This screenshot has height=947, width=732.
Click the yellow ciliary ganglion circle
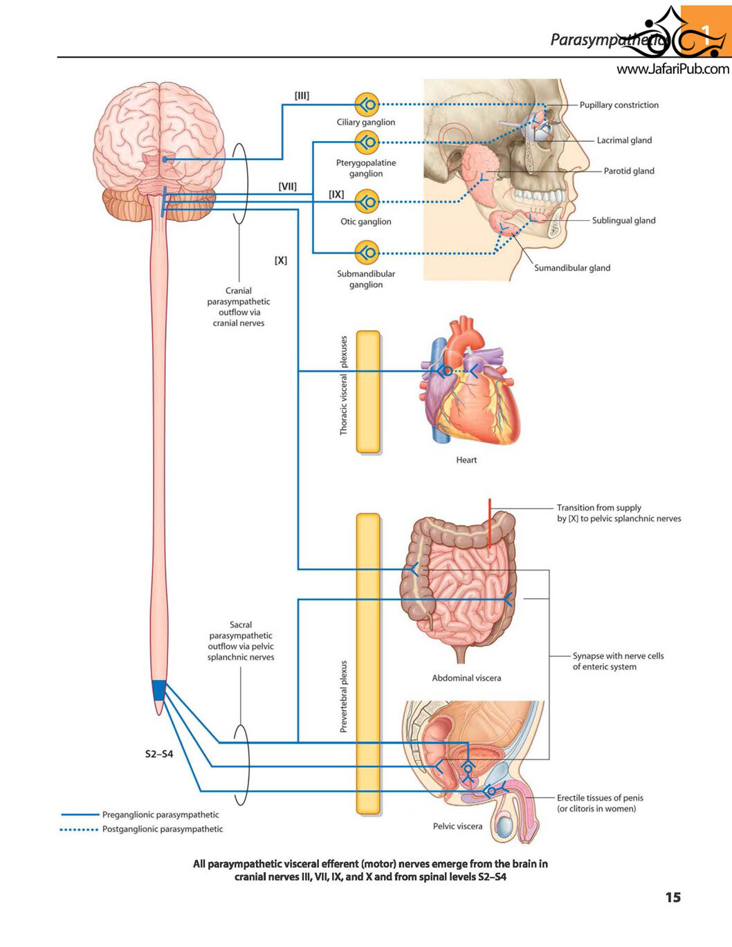[367, 104]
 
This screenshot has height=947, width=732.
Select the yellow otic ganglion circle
[367, 202]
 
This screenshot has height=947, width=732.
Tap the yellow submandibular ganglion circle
[367, 252]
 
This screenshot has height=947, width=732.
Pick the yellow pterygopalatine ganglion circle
[367, 142]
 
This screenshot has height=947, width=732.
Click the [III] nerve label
[302, 95]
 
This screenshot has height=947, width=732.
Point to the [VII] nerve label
[288, 187]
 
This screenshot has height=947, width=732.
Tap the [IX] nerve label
[336, 194]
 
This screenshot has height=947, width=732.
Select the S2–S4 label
[159, 754]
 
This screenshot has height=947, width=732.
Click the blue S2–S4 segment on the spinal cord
[159, 690]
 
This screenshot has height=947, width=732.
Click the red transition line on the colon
[490, 523]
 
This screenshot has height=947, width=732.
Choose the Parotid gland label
[629, 171]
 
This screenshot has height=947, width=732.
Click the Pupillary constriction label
[619, 105]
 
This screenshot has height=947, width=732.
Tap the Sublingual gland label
[623, 221]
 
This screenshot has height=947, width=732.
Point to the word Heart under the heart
[466, 460]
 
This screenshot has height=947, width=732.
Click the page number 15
[672, 897]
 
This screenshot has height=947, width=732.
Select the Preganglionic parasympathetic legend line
[80, 814]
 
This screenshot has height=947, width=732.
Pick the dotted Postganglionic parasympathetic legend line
[79, 829]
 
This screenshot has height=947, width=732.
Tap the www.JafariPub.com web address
[672, 69]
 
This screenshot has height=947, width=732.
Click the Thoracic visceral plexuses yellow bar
[368, 392]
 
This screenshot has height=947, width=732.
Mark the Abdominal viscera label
[466, 678]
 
